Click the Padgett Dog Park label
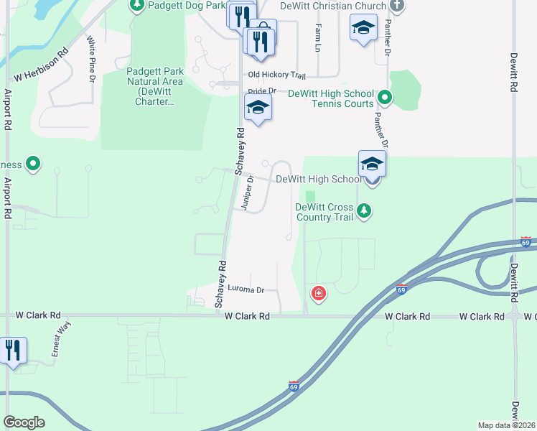pyautogui.click(x=186, y=5)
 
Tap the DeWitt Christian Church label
pyautogui.click(x=334, y=6)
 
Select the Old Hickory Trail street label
pyautogui.click(x=277, y=75)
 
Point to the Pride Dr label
pyautogui.click(x=262, y=91)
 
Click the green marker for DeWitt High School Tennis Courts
pyautogui.click(x=385, y=96)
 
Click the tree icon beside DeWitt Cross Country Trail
pyautogui.click(x=365, y=210)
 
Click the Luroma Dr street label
pyautogui.click(x=246, y=290)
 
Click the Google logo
pyautogui.click(x=24, y=422)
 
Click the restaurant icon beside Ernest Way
pyautogui.click(x=13, y=351)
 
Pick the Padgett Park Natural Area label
pyautogui.click(x=155, y=86)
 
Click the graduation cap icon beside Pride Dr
pyautogui.click(x=258, y=108)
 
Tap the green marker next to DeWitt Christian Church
pyautogui.click(x=397, y=6)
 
